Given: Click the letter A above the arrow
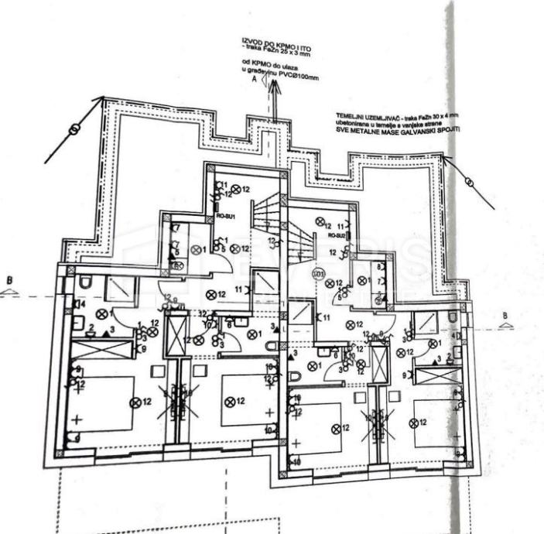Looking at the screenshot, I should tap(252, 89).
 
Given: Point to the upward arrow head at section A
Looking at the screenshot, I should tap(274, 87).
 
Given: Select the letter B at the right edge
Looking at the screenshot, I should tap(504, 316).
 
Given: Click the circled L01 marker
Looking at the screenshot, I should tap(316, 273).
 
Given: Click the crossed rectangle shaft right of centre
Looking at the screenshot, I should tap(379, 361).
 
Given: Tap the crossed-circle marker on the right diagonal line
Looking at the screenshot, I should tap(470, 182).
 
